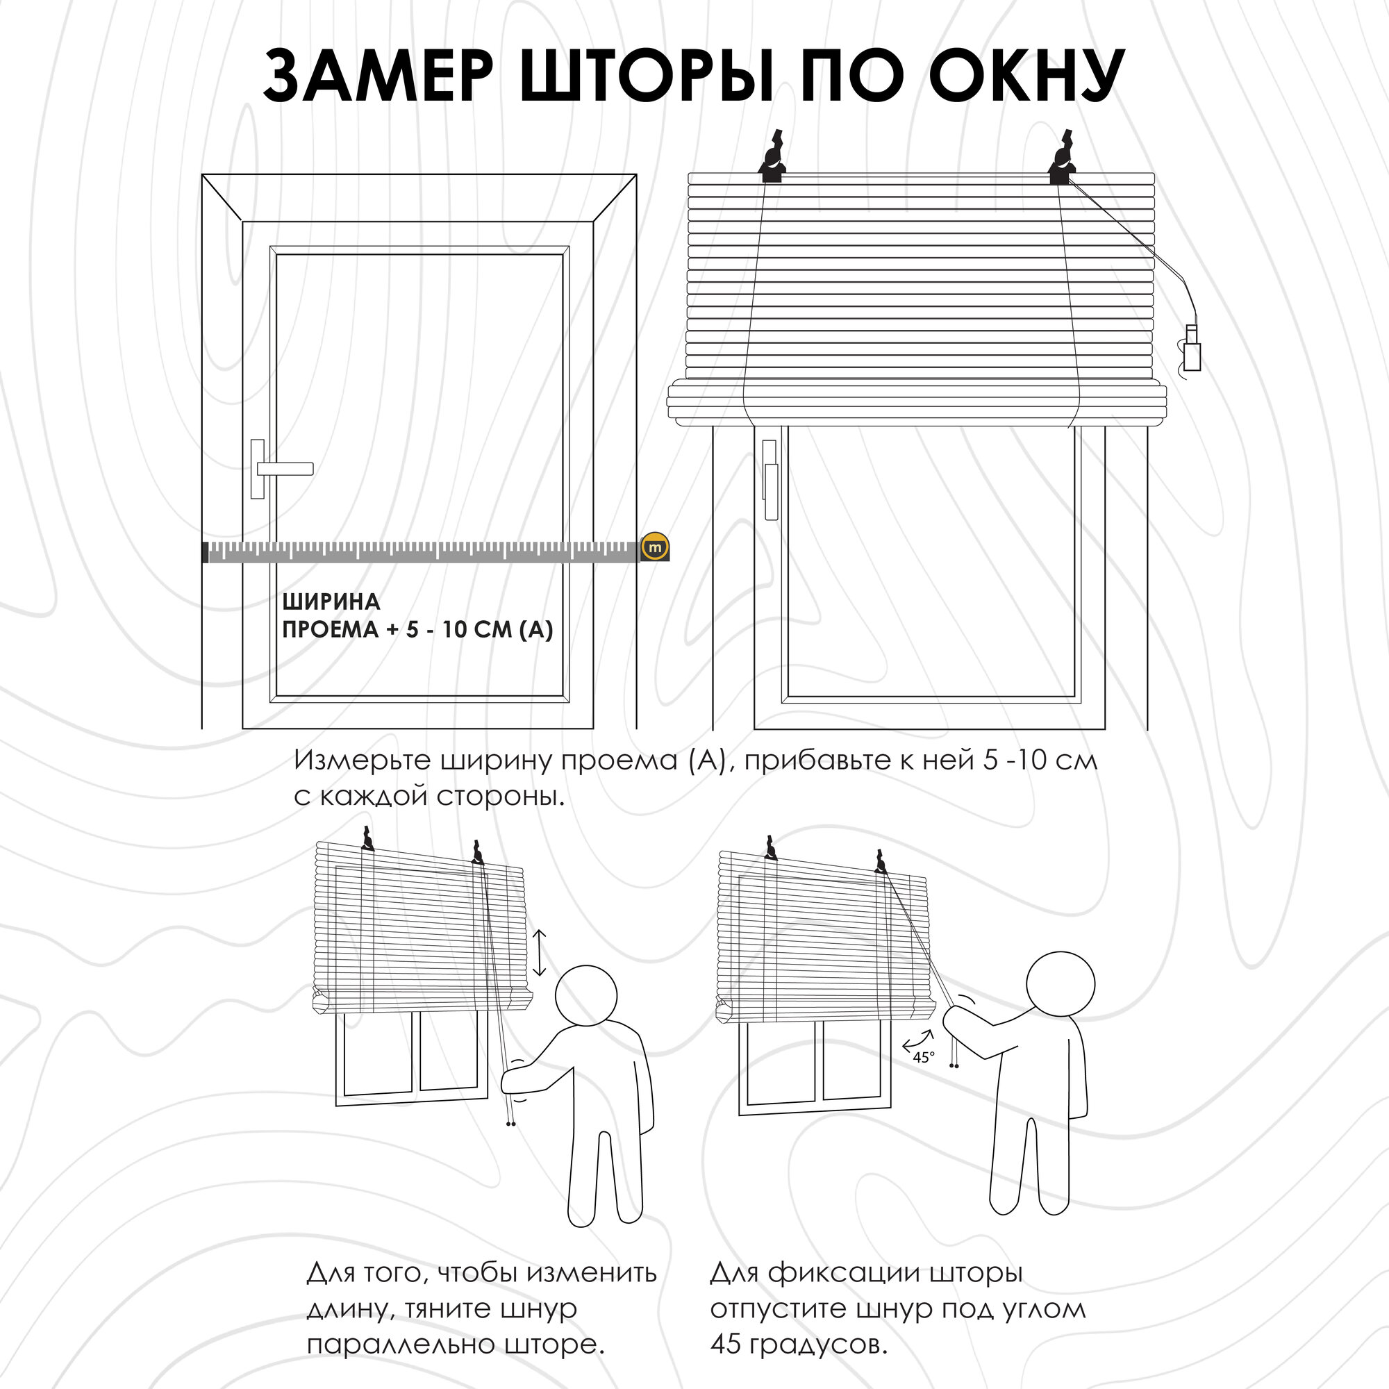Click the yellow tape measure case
pyautogui.click(x=655, y=547)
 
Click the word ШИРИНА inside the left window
pyautogui.click(x=331, y=601)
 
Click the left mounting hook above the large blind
pyautogui.click(x=772, y=160)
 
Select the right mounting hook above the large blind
pyautogui.click(x=1061, y=160)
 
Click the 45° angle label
pyautogui.click(x=923, y=1058)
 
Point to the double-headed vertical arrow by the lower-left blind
pyautogui.click(x=540, y=954)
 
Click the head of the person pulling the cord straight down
pyautogui.click(x=586, y=997)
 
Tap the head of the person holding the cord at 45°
pyautogui.click(x=1060, y=983)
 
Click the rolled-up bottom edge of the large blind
pyautogui.click(x=917, y=405)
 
